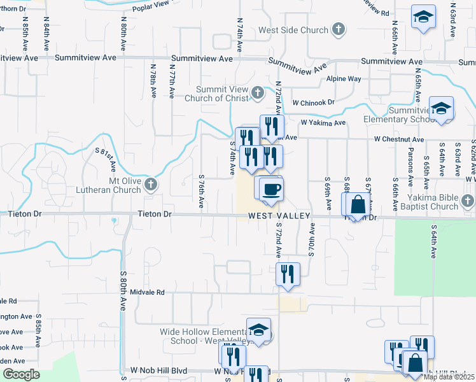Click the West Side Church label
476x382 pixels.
pos(293,30)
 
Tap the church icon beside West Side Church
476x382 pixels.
pos(339,29)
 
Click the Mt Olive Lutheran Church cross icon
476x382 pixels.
pos(151,185)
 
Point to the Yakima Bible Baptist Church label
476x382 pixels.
pos(418,202)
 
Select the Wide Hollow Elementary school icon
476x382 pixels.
pos(258,330)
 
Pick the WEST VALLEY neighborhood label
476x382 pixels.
pos(279,216)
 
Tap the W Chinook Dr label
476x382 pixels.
pos(313,102)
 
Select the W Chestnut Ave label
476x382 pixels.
pos(398,139)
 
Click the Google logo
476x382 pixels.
pos(22,374)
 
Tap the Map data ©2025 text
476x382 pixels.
pos(449,377)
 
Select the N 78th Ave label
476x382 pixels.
pos(153,80)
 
